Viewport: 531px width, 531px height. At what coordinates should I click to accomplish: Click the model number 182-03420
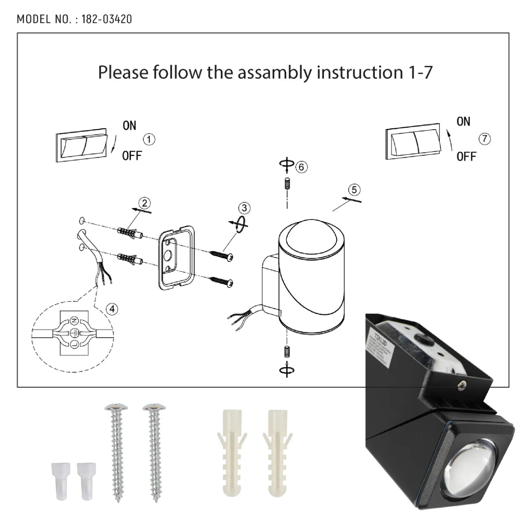click(x=107, y=19)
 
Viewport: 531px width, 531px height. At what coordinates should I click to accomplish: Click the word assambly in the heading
click(x=274, y=73)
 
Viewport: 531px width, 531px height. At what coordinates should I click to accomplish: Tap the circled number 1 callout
click(x=150, y=140)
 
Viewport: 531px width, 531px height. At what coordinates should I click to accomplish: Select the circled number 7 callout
click(x=485, y=139)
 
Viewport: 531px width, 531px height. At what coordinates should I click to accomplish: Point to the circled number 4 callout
click(x=112, y=308)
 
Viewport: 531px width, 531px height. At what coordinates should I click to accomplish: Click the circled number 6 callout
click(x=301, y=167)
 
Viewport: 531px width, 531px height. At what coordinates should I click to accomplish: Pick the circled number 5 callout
click(x=354, y=190)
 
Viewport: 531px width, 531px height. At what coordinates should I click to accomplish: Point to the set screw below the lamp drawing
click(x=287, y=353)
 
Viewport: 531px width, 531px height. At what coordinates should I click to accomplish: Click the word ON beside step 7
click(x=463, y=121)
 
